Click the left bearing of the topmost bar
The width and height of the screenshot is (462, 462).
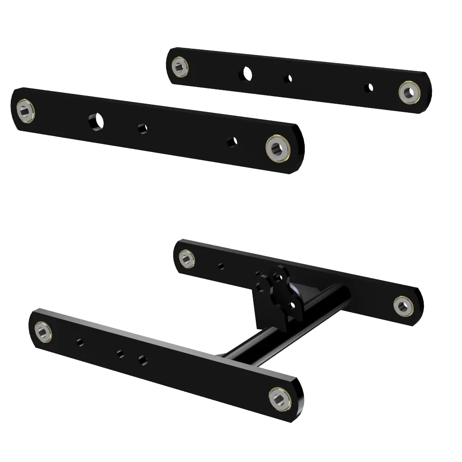(x=180, y=67)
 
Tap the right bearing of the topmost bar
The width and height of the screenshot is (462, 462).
(x=408, y=92)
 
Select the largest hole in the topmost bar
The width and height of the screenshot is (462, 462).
(x=246, y=73)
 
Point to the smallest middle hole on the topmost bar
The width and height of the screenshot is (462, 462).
(x=287, y=79)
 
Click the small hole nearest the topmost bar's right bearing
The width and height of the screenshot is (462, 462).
(x=369, y=88)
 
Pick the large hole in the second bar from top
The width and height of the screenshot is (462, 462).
(x=96, y=121)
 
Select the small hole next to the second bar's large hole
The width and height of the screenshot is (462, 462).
(x=143, y=129)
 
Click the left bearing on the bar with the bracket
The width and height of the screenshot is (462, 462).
(x=187, y=259)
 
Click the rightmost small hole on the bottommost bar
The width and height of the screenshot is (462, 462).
(x=143, y=360)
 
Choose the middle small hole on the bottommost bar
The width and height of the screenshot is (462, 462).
(x=121, y=354)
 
